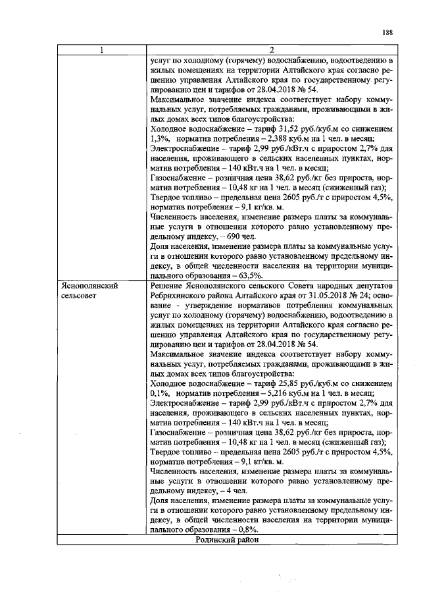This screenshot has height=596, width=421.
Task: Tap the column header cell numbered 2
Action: tap(271, 50)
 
